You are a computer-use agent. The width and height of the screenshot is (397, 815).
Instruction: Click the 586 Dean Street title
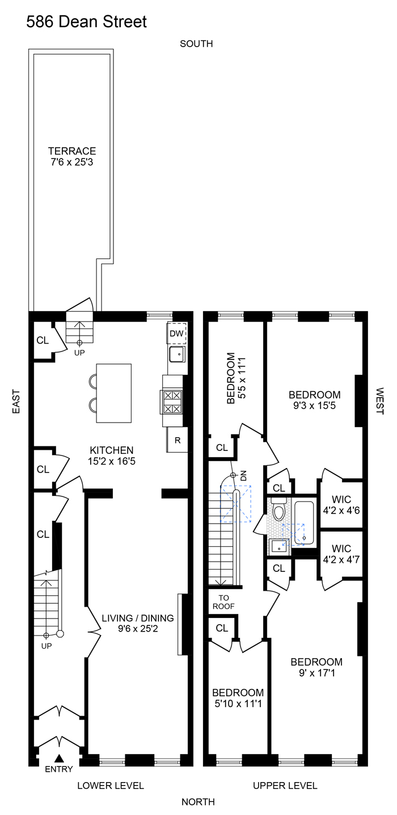pos(86,22)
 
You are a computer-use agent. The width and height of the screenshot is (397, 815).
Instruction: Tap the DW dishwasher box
pos(176,333)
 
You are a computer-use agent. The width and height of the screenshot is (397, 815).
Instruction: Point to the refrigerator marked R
pos(178,440)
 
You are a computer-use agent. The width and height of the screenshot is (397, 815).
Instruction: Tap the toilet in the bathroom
pos(278,511)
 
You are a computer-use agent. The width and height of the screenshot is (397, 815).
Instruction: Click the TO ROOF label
pos(223,601)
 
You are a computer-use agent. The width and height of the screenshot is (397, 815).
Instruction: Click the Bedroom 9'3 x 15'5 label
pos(315,400)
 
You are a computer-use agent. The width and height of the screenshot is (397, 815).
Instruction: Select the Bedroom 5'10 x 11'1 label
pos(238,698)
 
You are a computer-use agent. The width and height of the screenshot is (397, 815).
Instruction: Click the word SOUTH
pos(196,44)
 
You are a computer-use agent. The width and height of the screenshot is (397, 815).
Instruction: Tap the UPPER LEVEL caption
pos(285,786)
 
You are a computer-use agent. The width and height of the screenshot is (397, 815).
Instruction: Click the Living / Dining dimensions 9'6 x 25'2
pos(137,629)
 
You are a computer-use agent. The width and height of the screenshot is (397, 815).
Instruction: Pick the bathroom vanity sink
pos(278,546)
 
